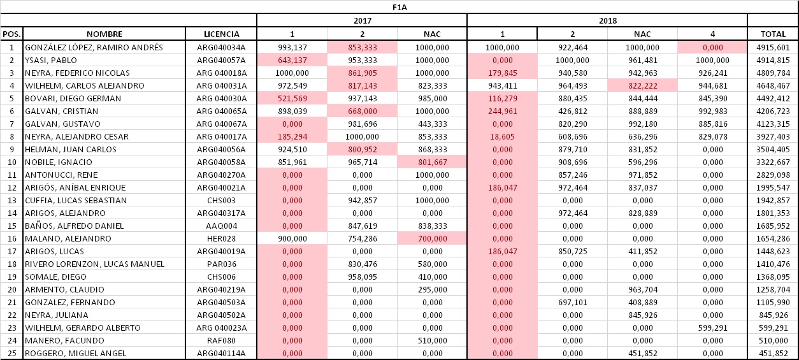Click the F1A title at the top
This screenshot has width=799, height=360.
tap(399, 8)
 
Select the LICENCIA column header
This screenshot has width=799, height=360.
tap(221, 34)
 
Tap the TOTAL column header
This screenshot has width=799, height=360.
tap(773, 34)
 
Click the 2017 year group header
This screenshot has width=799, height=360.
tap(363, 20)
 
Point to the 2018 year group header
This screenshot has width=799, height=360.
tap(608, 20)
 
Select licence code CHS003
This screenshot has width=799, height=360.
tap(221, 201)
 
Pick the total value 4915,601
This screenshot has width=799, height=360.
tap(773, 47)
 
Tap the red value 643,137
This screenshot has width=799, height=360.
tap(292, 61)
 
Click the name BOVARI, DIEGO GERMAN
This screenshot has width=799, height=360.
tap(73, 99)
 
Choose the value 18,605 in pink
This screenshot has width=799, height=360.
tap(502, 136)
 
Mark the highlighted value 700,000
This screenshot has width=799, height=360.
tap(433, 239)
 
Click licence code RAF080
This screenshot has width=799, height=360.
tap(221, 341)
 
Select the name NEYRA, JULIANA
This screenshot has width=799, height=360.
tap(56, 315)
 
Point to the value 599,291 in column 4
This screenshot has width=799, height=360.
tap(712, 328)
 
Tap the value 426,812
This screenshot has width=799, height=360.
tap(573, 112)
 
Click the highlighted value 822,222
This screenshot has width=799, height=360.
tap(642, 85)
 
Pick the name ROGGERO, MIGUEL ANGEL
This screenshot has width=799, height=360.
tap(76, 354)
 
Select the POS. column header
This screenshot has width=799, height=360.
tap(11, 34)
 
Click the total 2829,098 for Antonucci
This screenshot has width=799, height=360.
tap(773, 175)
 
